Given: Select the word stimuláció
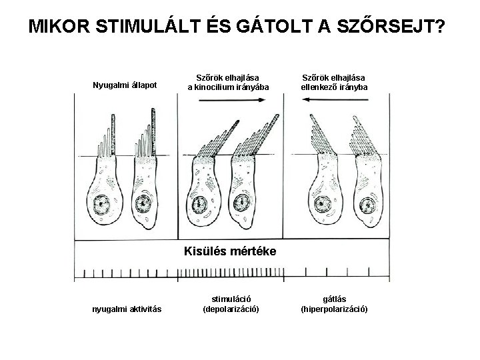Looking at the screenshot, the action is point(231,298).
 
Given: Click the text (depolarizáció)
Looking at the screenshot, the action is point(231,309).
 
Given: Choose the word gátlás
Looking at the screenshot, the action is point(334,298).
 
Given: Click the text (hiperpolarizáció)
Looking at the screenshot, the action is point(334,309).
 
